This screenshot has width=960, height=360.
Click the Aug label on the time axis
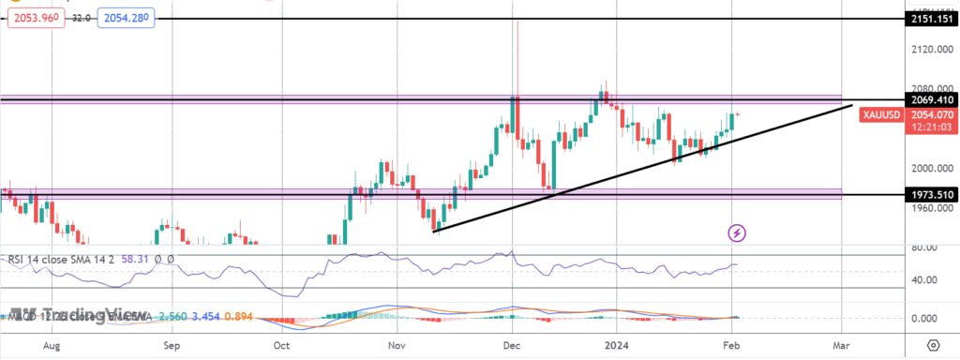click(52, 345)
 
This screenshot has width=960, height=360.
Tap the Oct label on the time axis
click(281, 345)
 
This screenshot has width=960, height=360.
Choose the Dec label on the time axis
click(511, 345)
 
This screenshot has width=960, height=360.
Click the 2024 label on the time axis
click(616, 345)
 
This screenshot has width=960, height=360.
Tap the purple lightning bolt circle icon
click(738, 232)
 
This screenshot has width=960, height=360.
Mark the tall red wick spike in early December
click(517, 56)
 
